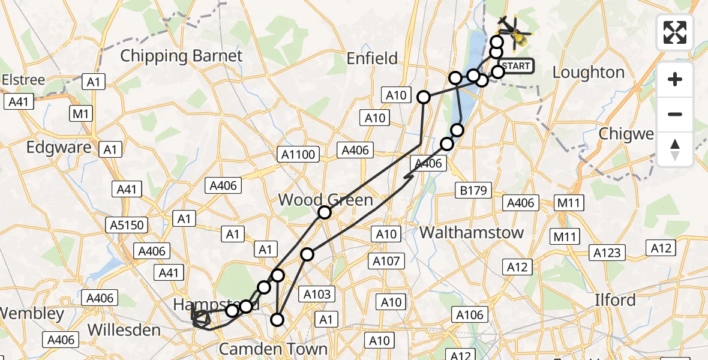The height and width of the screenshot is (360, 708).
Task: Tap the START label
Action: tap(515, 66)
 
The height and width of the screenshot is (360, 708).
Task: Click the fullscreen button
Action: tap(675, 33)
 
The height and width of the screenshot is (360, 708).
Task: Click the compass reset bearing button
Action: tap(675, 149)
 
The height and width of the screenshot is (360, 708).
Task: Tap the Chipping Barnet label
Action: tap(181, 56)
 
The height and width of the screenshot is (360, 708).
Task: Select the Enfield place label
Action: tap(373, 58)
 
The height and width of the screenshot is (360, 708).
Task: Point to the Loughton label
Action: tap(588, 73)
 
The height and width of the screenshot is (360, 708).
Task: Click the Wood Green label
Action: tap(326, 199)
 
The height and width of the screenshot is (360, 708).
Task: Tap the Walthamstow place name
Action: tap(471, 232)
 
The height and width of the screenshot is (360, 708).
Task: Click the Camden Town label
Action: tap(273, 349)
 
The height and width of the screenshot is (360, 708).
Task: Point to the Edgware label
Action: tap(59, 148)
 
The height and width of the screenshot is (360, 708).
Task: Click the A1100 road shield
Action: tap(298, 155)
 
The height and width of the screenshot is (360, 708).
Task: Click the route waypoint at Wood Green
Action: tap(325, 212)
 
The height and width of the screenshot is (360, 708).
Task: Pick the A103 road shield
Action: tap(317, 294)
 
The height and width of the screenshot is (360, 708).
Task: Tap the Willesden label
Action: tap(124, 330)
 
